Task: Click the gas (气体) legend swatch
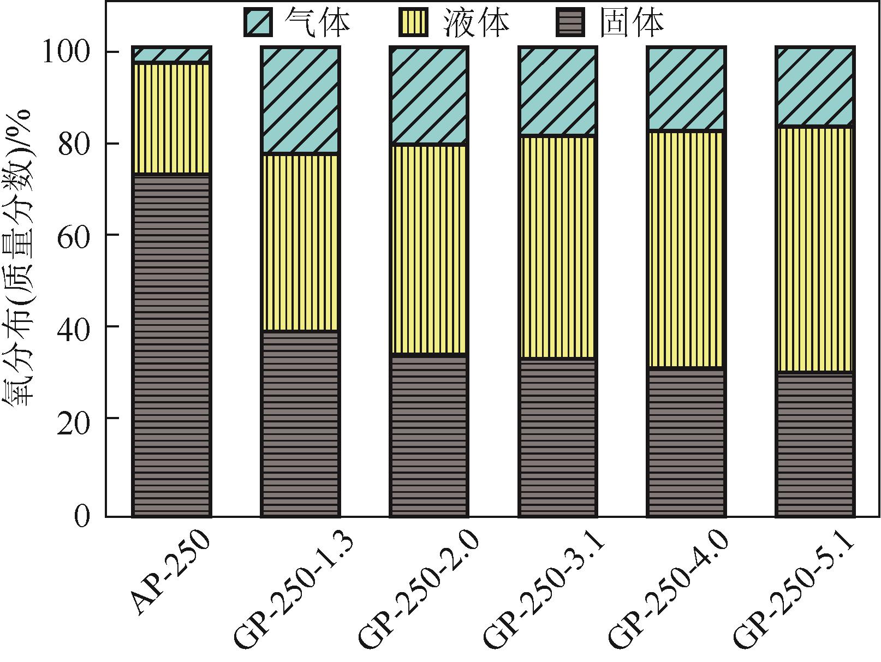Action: (x=258, y=22)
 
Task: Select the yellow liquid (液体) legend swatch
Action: (x=413, y=22)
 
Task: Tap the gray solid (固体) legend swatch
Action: (x=569, y=22)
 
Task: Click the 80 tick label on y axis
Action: (x=73, y=144)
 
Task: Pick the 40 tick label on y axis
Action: (x=73, y=327)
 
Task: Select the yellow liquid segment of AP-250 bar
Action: (x=171, y=118)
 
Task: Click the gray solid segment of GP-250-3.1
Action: (x=557, y=437)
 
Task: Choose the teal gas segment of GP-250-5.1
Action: (x=815, y=87)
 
